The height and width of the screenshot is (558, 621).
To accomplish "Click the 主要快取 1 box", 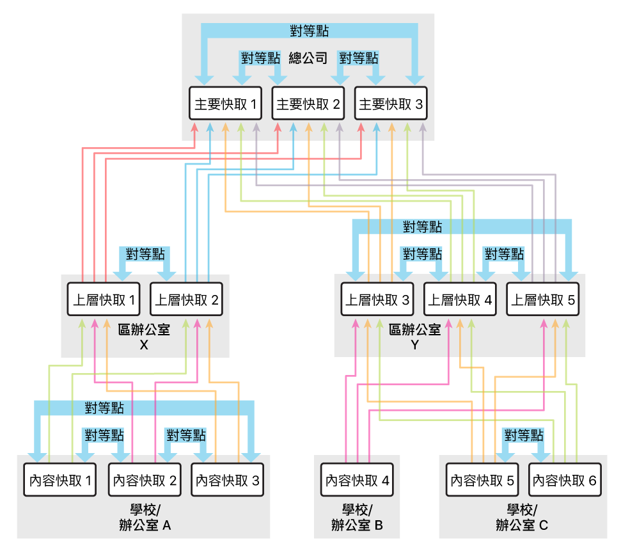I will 226,104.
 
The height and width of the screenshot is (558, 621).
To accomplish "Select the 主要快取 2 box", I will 308,104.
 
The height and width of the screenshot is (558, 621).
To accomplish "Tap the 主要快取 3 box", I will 391,104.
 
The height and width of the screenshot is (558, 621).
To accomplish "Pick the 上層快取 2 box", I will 187,299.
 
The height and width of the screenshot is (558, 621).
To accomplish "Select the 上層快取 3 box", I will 377,299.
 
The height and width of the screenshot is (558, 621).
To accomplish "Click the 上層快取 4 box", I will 459,299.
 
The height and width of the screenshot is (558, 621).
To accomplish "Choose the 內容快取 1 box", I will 59,480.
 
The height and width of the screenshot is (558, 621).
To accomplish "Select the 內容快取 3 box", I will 228,480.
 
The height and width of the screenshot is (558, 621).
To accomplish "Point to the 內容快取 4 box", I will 358,480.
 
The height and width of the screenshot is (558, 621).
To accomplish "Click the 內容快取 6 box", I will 565,480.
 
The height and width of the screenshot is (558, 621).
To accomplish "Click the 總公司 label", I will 308,59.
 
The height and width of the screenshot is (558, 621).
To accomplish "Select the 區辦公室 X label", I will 144,337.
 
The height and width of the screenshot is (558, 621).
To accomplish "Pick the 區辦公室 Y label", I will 414,337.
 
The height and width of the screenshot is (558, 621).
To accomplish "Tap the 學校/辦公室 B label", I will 357,518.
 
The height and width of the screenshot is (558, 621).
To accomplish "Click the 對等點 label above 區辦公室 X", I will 145,253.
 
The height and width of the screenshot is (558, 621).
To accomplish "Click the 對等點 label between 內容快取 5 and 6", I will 524,436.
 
